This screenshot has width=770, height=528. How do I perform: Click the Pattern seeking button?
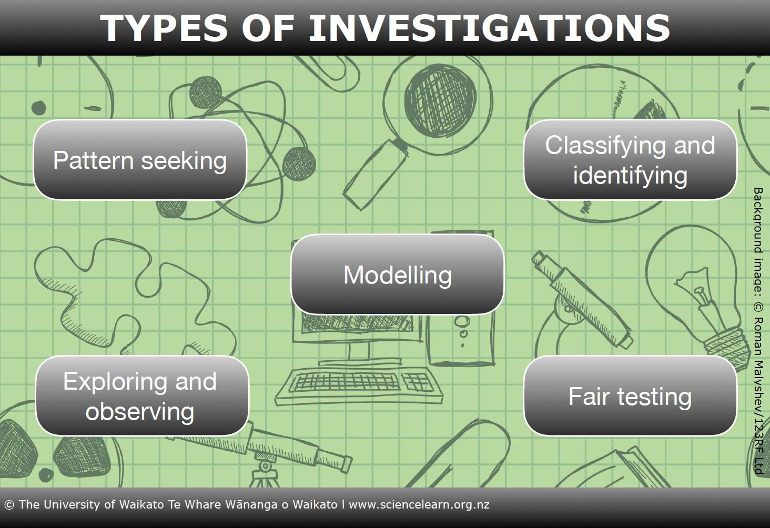tap(140, 160)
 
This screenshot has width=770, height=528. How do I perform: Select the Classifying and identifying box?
tap(630, 160)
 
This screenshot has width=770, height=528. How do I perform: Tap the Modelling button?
tap(398, 275)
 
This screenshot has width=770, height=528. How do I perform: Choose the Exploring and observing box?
tap(142, 395)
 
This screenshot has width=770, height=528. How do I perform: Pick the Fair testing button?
tap(630, 395)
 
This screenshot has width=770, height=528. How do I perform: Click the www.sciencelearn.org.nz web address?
tap(419, 505)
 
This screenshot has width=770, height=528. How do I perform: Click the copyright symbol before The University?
tap(9, 505)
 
